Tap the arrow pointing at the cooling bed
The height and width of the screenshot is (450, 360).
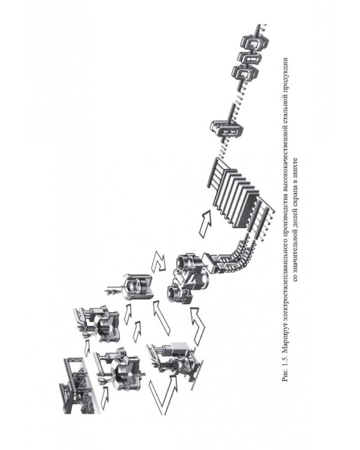[x=206, y=223]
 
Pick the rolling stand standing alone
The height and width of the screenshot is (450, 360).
[x=227, y=129]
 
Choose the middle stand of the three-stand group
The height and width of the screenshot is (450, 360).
[x=250, y=57]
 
